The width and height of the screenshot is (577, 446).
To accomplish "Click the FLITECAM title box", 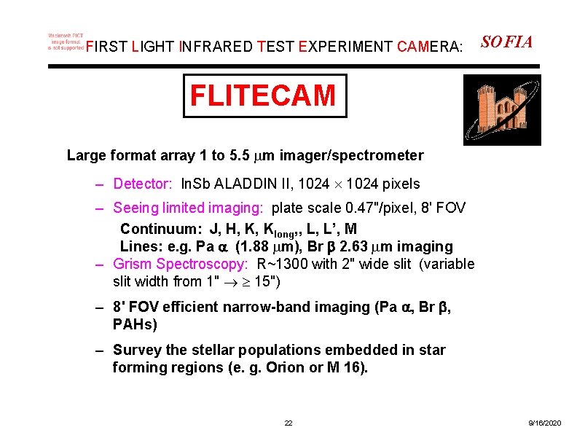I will (x=264, y=95).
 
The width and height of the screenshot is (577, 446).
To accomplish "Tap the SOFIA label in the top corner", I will (x=507, y=42).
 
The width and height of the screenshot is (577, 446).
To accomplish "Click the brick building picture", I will (x=502, y=110).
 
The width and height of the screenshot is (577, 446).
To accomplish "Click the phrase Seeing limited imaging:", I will (x=189, y=209).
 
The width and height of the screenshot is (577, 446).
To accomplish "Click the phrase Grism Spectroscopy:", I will (x=181, y=264).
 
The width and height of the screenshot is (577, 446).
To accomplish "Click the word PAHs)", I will (x=135, y=324).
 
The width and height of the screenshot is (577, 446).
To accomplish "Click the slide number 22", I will (x=288, y=423).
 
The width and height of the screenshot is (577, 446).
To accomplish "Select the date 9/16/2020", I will (x=544, y=423).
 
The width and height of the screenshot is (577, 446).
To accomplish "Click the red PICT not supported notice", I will (x=66, y=42).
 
